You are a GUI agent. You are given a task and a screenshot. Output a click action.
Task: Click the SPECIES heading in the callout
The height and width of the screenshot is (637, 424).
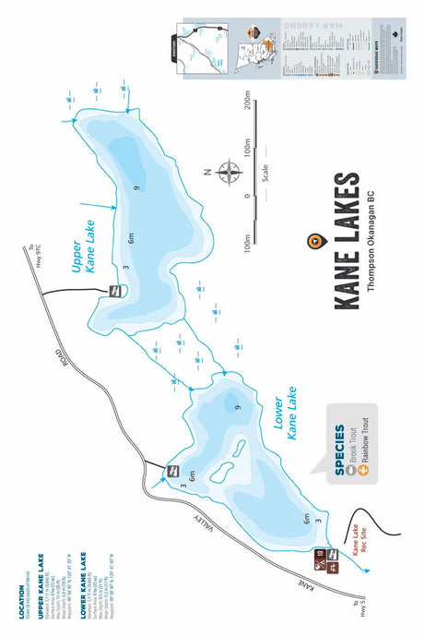pyautogui.click(x=339, y=450)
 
